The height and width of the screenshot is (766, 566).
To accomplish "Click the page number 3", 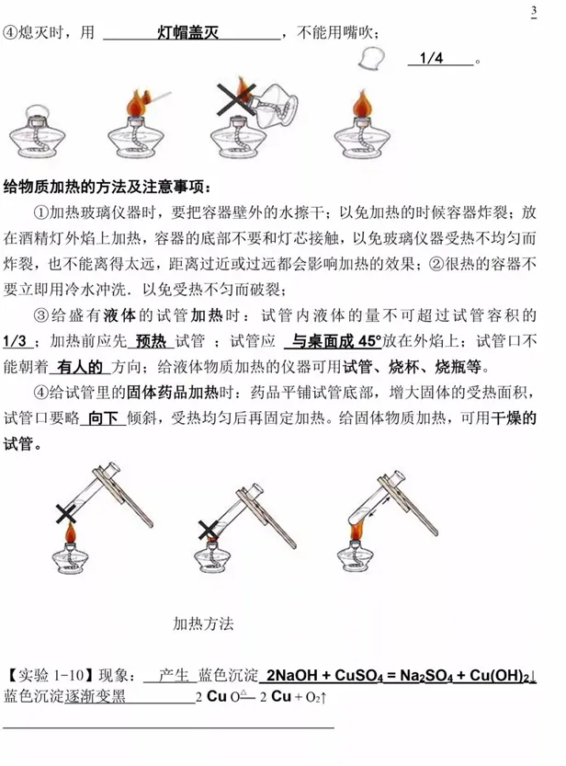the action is [x=534, y=11].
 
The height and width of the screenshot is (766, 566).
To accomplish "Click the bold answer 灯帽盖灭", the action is [x=187, y=33].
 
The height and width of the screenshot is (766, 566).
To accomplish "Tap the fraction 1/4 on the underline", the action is [x=431, y=58].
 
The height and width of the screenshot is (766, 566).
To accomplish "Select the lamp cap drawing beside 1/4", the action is [x=371, y=59].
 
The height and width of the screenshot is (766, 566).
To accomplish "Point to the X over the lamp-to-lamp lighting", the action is [x=236, y=98].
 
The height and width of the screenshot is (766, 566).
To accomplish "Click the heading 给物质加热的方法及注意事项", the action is [x=108, y=187].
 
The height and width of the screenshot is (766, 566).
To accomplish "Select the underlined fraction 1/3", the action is [x=15, y=340].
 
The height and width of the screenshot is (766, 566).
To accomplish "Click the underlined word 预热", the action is [x=152, y=340].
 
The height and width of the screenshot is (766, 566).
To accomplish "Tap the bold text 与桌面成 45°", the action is [x=337, y=340].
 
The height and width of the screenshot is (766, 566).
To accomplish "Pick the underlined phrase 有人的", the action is [x=80, y=366].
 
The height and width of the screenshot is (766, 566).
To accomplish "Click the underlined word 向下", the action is [x=104, y=418].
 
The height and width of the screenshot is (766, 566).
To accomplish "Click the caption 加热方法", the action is [x=203, y=623].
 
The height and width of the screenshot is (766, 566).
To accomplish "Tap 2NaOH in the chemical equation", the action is [x=292, y=676].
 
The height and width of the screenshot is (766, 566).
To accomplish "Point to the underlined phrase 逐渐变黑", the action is [x=96, y=696].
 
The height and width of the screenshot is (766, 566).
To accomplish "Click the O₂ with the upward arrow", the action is [x=316, y=697].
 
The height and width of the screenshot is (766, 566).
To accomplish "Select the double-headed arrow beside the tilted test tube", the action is [x=379, y=506].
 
